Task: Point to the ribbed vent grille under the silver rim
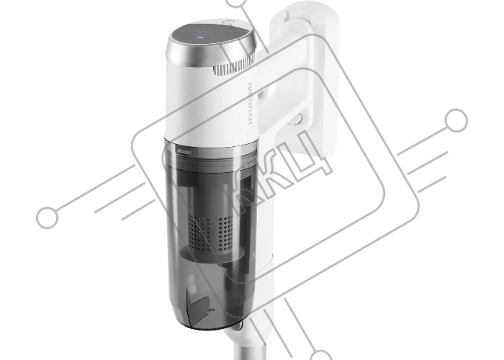tap(234, 67)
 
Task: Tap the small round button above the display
tap(228, 22)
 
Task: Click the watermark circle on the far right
tap(456, 120)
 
